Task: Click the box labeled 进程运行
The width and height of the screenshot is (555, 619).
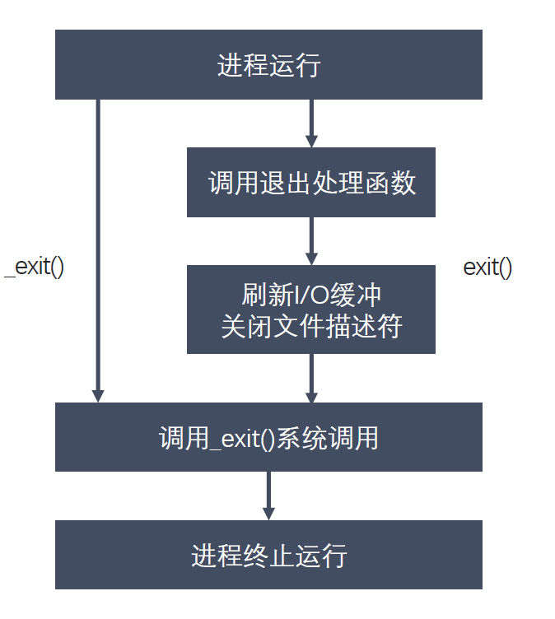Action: [268, 64]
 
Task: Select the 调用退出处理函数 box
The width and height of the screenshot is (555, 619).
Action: [310, 182]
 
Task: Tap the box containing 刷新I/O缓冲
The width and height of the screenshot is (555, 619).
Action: [310, 309]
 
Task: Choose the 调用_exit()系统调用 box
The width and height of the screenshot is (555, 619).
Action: [268, 436]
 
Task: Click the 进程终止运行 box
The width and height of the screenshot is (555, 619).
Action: [268, 555]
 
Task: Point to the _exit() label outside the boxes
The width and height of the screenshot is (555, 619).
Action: [35, 268]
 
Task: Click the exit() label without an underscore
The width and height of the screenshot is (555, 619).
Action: [487, 268]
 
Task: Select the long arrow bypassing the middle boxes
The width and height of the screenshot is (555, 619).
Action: [98, 247]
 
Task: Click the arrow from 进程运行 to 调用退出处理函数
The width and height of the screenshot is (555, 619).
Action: [310, 123]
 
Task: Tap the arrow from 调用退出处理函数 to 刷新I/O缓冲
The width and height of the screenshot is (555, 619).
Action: [310, 240]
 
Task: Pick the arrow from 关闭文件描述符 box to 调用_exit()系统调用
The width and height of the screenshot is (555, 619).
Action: [310, 378]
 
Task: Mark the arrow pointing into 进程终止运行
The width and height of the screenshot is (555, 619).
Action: [268, 495]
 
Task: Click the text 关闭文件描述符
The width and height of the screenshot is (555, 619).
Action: [310, 326]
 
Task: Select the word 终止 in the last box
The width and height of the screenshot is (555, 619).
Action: [268, 555]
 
